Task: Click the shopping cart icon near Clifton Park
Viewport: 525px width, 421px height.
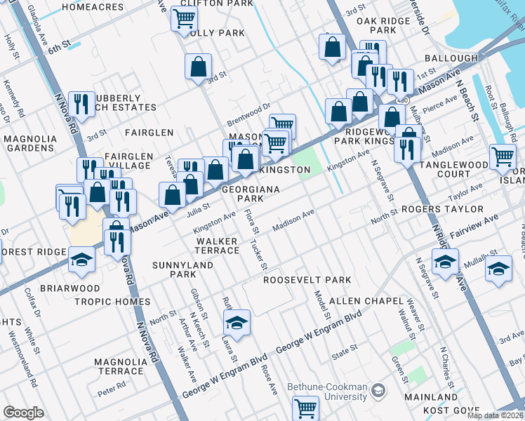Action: [x=184, y=19]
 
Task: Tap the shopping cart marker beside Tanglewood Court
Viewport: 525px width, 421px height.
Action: [x=503, y=156]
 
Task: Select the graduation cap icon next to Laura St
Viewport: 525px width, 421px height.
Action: [x=237, y=322]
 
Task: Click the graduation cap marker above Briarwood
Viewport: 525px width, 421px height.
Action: [x=81, y=259]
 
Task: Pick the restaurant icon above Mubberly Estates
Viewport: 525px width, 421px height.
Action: [x=82, y=105]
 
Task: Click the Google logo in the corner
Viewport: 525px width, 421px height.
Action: [x=23, y=413]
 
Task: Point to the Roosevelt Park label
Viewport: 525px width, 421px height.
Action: [x=307, y=280]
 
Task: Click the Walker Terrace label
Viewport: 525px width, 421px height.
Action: [x=217, y=246]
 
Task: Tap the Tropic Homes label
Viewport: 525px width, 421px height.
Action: [x=112, y=302]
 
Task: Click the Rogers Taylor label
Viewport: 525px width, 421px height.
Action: [x=442, y=209]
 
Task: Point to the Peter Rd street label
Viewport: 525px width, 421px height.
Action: [x=112, y=385]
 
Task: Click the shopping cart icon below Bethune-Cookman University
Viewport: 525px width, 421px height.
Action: [x=305, y=407]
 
